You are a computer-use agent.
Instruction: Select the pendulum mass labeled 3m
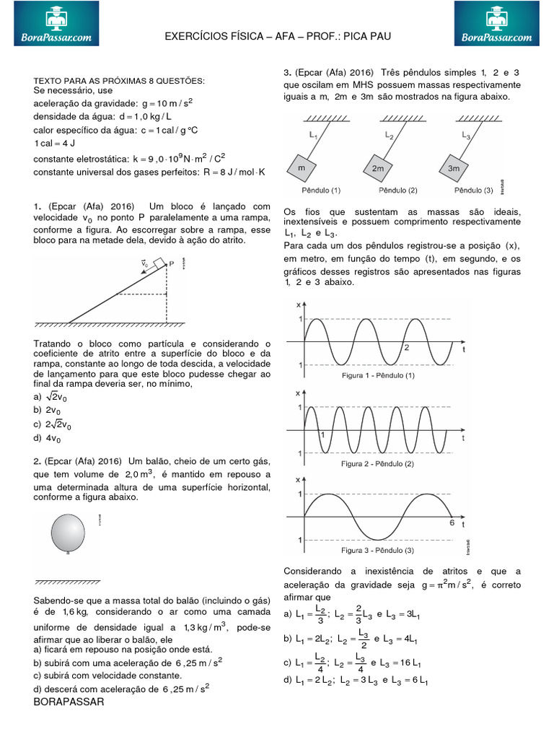tap(454, 167)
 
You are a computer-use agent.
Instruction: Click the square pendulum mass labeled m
tap(301, 167)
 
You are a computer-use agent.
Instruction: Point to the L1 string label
tap(313, 135)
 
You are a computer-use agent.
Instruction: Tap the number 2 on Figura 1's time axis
tap(406, 348)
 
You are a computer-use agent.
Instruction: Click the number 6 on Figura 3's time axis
tap(452, 522)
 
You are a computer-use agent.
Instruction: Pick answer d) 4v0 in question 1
tap(51, 438)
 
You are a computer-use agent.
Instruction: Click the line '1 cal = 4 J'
tap(58, 143)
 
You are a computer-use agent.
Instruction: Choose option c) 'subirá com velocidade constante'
tap(117, 675)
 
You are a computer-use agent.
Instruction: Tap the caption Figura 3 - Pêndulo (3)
tap(378, 550)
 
